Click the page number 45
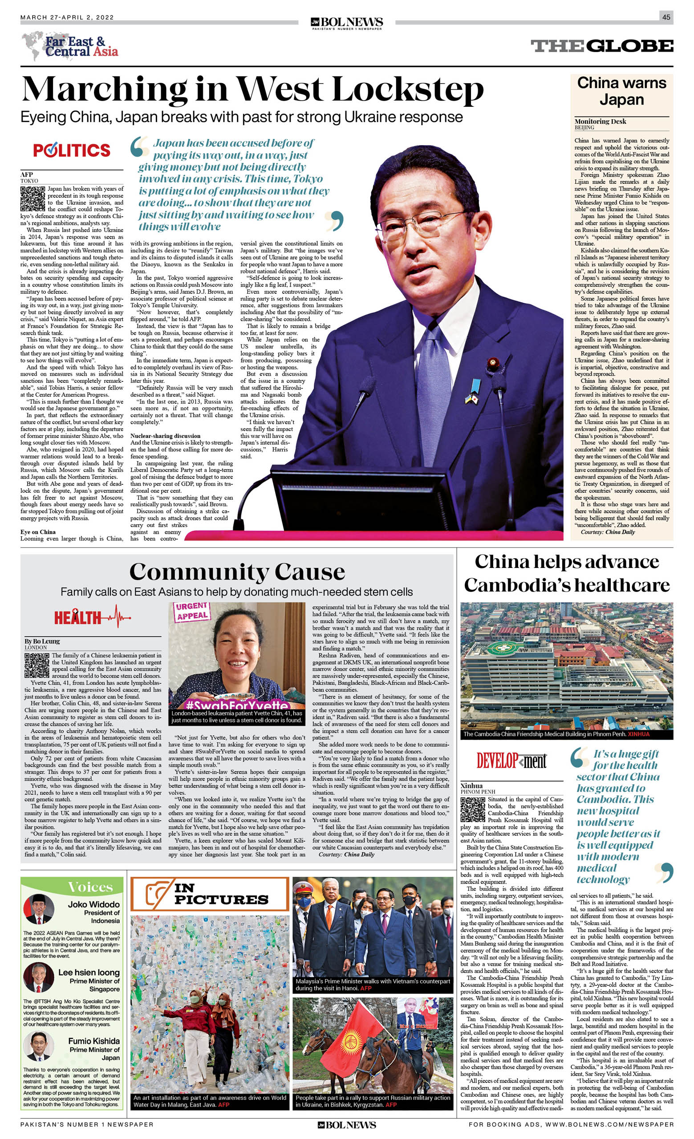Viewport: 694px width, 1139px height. coord(666,17)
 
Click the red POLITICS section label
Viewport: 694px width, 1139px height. coord(72,150)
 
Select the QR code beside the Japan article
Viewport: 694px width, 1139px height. coord(33,199)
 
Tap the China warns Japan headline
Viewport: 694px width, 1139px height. coord(621,91)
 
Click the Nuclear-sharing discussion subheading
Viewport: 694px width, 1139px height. coord(165,435)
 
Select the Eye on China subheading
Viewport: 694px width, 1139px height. coord(38,531)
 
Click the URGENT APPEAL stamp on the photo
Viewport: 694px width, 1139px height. coord(192,611)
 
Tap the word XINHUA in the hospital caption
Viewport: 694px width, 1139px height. coord(638,734)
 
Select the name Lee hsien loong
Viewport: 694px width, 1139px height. coord(89,973)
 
